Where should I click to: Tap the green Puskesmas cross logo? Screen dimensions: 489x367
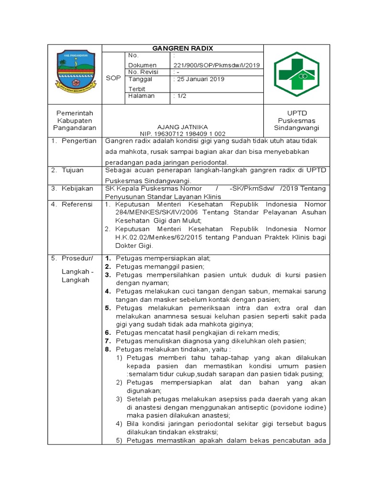coord(296,74)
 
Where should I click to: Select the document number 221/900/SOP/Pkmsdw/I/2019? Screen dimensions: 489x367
coord(216,65)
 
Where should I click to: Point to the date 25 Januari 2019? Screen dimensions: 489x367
coord(199,79)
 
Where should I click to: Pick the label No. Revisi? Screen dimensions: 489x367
coord(143,72)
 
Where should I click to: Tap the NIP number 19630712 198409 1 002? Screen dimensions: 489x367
coord(182,134)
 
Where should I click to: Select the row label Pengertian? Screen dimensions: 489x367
coord(79,141)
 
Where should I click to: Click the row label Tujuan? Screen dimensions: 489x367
coord(73,170)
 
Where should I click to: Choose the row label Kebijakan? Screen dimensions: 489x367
coord(77,189)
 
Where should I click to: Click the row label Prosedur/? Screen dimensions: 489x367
coord(77,258)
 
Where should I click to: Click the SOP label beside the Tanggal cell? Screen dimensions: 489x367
coord(113,78)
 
